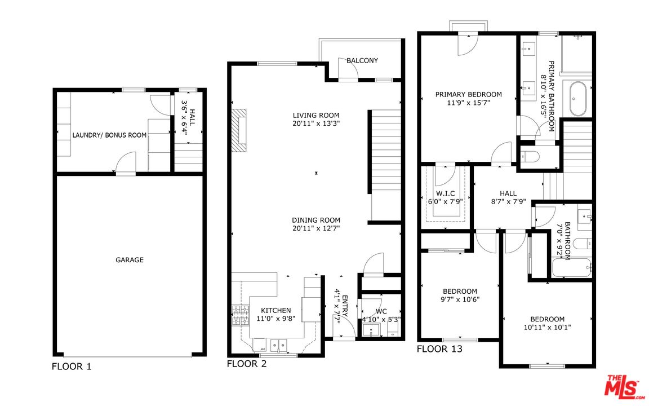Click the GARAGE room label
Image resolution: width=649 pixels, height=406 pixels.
point(130,260)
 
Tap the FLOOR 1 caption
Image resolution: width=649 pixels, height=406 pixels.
point(71,367)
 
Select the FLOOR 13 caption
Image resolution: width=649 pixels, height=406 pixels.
point(439,349)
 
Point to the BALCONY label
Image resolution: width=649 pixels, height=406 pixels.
point(362,60)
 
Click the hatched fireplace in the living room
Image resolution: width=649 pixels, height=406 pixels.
point(239,130)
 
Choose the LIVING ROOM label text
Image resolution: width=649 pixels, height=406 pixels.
point(316,115)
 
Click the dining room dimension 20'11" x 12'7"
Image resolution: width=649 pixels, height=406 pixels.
point(316,228)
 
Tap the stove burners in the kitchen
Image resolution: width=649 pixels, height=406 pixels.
point(241,315)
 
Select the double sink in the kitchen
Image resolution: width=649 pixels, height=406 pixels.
point(278,345)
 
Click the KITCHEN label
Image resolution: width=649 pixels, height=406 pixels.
point(275,310)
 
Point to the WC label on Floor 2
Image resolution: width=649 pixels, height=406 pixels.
point(381,311)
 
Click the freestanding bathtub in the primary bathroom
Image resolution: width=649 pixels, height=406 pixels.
point(577,99)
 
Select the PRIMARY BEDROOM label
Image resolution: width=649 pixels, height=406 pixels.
point(468,95)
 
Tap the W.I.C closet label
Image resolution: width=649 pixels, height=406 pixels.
point(446,193)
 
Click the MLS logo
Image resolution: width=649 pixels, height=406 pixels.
point(622,387)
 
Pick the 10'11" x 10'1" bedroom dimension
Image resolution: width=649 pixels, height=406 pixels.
point(547,327)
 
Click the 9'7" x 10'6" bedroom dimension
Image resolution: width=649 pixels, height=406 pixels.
point(460,299)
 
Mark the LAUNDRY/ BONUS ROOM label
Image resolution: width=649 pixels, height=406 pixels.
point(109,135)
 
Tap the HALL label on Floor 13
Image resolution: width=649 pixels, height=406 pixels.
point(508,193)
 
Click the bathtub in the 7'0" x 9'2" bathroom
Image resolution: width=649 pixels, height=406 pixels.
point(572,268)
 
